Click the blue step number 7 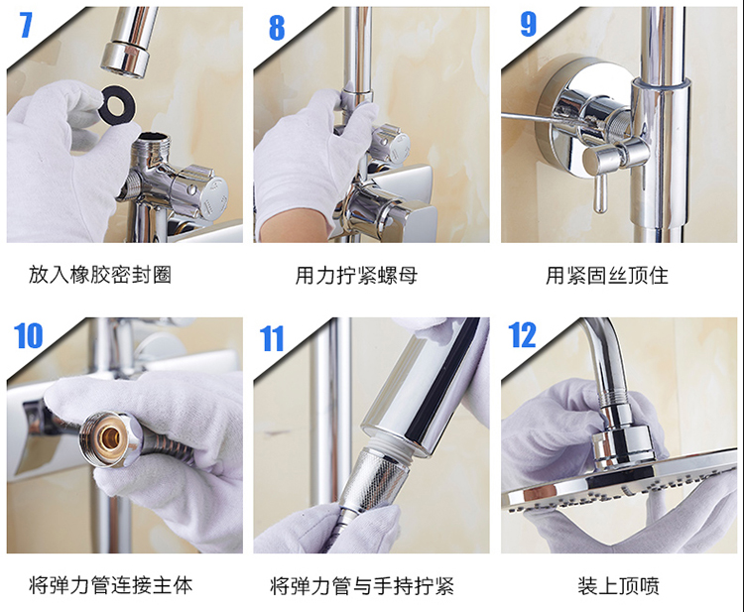pos(26,25)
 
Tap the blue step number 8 pos(277,28)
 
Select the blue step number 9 pos(528,24)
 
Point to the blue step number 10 pos(29,336)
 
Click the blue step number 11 pos(272,338)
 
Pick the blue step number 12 pos(522,335)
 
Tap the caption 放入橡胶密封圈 pos(99,275)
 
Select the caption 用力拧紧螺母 pos(356,275)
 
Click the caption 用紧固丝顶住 pos(607,275)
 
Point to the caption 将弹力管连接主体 pos(110,585)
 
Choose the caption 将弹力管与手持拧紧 pos(362,585)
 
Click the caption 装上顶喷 pos(618,585)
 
